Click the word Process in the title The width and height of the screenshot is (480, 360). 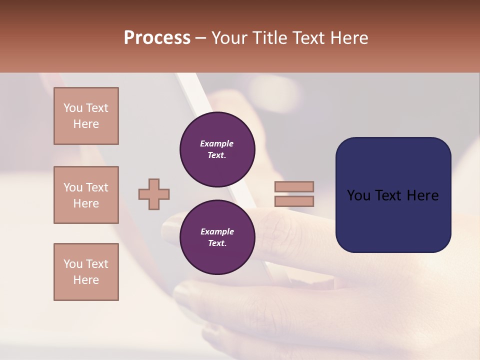[157, 38]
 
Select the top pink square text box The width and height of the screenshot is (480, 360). [86, 116]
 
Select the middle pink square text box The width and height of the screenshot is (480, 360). [86, 195]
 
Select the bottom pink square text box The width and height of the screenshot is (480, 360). [86, 272]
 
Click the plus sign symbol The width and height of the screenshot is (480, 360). [154, 194]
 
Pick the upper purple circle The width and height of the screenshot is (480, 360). [217, 149]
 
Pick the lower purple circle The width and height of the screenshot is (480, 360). [217, 237]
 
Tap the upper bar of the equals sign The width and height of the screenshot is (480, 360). [294, 186]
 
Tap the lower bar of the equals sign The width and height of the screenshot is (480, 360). [294, 201]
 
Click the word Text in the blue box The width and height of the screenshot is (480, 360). [393, 195]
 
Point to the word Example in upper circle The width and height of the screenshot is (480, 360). [217, 143]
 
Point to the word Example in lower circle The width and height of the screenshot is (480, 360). [217, 231]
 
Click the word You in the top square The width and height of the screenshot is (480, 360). [73, 108]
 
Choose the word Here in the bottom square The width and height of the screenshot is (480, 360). [86, 280]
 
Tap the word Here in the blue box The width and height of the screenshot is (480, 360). [422, 195]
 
